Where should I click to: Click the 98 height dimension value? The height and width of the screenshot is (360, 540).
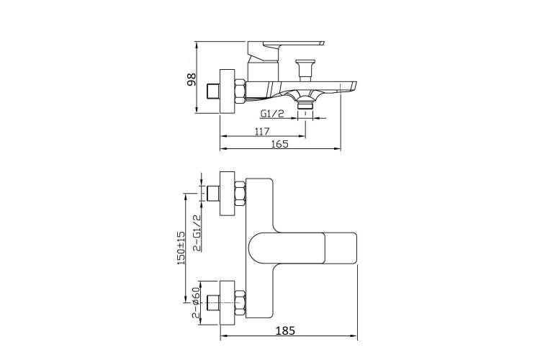pyautogui.click(x=191, y=79)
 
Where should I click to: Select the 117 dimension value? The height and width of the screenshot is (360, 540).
pyautogui.click(x=262, y=131)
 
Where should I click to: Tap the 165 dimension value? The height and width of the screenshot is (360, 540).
pyautogui.click(x=279, y=144)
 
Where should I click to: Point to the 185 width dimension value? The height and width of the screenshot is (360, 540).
pyautogui.click(x=286, y=330)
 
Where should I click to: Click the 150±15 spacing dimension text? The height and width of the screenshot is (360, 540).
pyautogui.click(x=181, y=248)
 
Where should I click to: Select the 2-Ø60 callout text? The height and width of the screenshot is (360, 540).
pyautogui.click(x=196, y=305)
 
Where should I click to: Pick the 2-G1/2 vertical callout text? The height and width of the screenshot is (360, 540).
pyautogui.click(x=197, y=233)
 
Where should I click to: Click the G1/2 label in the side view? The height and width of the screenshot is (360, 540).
pyautogui.click(x=272, y=113)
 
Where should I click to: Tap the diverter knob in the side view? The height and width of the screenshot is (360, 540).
pyautogui.click(x=305, y=71)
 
